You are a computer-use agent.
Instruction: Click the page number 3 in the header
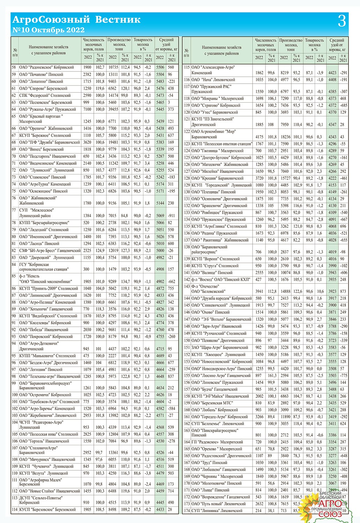click(342, 22)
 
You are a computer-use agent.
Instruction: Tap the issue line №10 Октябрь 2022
click(48, 30)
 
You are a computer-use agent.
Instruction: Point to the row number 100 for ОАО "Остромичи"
click(15, 395)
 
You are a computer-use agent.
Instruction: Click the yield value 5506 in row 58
click(160, 67)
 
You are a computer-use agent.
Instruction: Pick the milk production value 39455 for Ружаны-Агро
click(113, 109)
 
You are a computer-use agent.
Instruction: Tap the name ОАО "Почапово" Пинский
click(41, 74)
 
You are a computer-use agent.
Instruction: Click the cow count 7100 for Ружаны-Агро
click(87, 109)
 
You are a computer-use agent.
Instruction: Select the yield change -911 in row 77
click(171, 216)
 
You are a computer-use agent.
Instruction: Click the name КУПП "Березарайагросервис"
click(44, 222)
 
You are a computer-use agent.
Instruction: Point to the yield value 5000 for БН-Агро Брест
click(160, 250)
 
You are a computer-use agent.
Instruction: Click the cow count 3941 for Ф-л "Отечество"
click(259, 291)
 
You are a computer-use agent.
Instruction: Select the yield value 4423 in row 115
click(332, 73)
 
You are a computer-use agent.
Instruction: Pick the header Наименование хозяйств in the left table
click(48, 50)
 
